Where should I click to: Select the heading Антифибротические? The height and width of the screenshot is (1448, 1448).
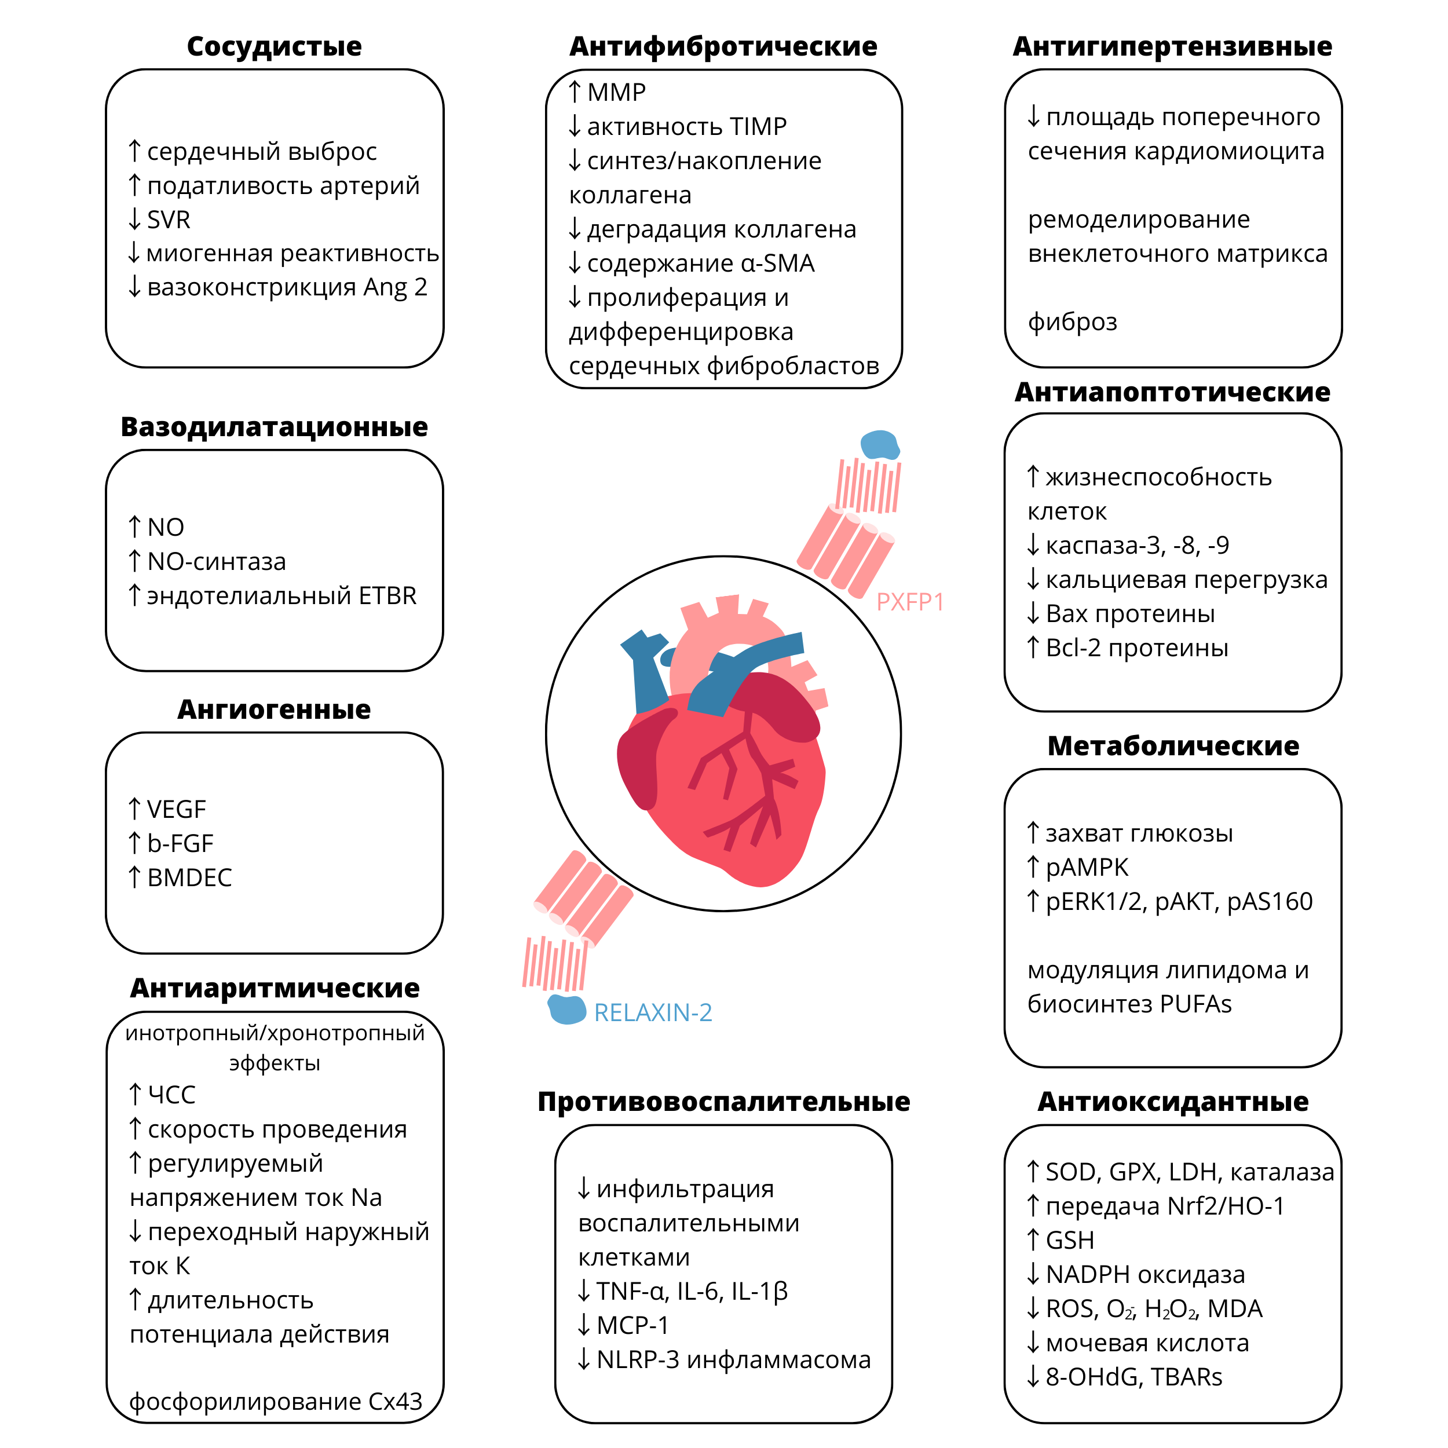[723, 46]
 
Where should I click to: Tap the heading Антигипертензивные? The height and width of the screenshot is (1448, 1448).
[1172, 46]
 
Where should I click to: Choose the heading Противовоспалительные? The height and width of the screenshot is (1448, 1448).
[723, 1102]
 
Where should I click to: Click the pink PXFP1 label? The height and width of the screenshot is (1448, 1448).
[909, 602]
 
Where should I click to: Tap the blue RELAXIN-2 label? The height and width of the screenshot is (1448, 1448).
[652, 1012]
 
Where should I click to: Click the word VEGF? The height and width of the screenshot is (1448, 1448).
[176, 810]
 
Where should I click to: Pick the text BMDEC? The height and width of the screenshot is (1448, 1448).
[189, 877]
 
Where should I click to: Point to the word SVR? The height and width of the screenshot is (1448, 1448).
[169, 220]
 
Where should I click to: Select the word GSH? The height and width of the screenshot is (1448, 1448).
[1070, 1241]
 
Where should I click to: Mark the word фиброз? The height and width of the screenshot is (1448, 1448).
[1072, 321]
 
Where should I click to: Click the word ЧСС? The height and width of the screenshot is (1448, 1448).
[171, 1095]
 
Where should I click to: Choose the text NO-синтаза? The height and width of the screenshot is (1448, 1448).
[217, 561]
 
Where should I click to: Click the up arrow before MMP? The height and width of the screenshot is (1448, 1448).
[575, 92]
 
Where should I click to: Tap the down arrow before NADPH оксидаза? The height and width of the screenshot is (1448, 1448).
[1033, 1274]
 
